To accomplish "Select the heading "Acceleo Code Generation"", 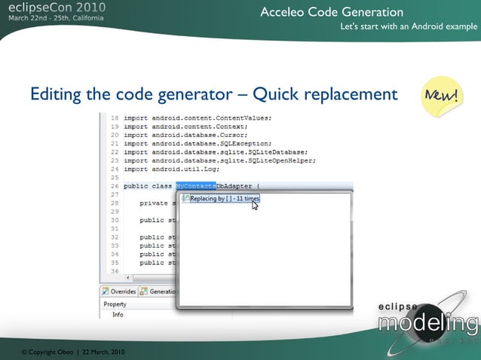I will coord(332,12).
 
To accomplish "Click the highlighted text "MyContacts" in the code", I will coord(195,185).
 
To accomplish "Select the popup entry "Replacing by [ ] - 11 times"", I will coord(225,199).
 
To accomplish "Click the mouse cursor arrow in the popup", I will coord(255,205).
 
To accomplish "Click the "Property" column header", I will coord(115,304).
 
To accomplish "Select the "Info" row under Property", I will coord(118,314).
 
